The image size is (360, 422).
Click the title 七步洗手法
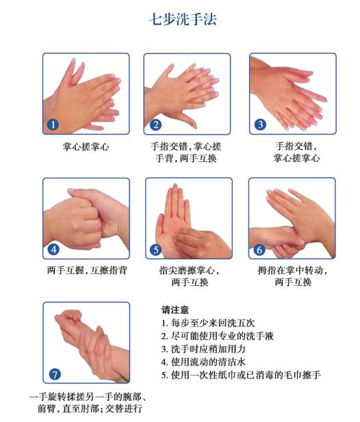click(x=183, y=19)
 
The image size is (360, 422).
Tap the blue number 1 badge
click(x=53, y=124)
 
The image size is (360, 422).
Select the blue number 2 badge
click(x=155, y=124)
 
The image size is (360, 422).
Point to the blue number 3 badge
click(x=260, y=124)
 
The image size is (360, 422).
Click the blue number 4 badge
click(x=53, y=250)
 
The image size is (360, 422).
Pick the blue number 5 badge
click(x=155, y=250)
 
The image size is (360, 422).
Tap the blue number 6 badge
click(x=259, y=250)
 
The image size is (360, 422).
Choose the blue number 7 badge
click(x=55, y=374)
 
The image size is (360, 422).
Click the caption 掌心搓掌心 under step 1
click(x=86, y=147)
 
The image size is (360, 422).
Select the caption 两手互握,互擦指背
click(x=87, y=270)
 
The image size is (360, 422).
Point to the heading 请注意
click(x=175, y=310)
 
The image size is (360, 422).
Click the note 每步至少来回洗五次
click(x=208, y=323)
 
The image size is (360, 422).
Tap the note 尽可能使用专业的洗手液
click(x=218, y=336)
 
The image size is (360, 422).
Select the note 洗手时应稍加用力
click(x=203, y=349)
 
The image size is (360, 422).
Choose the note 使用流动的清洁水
click(x=203, y=362)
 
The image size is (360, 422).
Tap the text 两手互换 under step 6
click(x=293, y=282)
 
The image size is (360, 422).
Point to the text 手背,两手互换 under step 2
click(x=185, y=158)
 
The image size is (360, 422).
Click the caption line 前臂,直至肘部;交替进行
click(x=90, y=408)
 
